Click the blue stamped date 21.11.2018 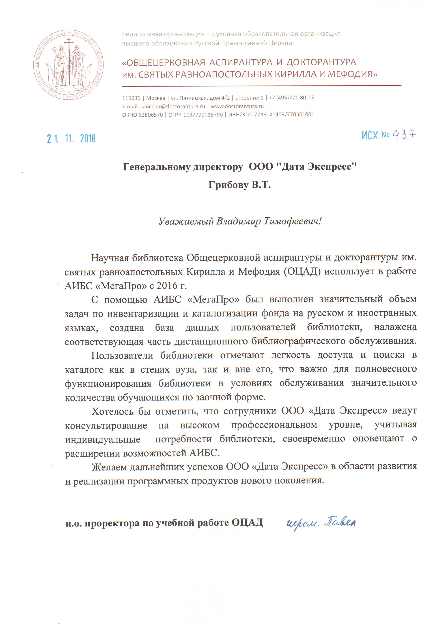71,138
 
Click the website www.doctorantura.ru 237,106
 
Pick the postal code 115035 131,98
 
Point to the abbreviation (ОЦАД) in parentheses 302,271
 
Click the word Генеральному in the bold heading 156,167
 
